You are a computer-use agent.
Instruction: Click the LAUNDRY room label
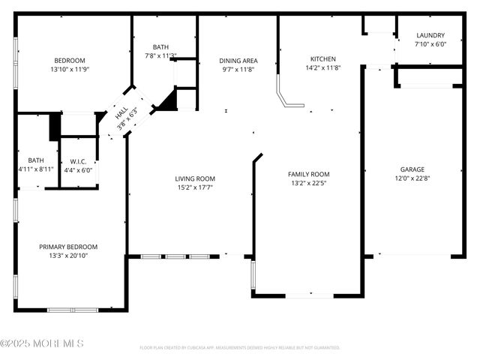[430, 35]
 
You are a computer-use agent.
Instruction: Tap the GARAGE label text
[413, 169]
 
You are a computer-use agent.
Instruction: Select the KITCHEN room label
[323, 59]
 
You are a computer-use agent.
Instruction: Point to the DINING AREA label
[238, 60]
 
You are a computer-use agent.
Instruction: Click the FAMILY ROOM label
[309, 174]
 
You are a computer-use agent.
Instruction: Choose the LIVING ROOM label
[195, 178]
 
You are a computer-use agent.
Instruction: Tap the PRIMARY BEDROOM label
[68, 247]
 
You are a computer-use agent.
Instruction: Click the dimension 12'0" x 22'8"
[413, 178]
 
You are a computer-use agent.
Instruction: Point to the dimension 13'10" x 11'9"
[69, 70]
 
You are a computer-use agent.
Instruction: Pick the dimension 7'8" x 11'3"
[160, 55]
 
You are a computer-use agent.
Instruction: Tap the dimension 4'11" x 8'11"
[36, 169]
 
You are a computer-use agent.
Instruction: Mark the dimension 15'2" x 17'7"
[195, 187]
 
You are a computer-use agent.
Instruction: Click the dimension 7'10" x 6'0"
[430, 44]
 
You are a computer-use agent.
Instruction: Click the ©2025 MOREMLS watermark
[42, 343]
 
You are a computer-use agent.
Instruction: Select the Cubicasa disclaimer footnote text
[240, 348]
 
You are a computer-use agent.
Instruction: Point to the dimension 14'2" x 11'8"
[323, 68]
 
